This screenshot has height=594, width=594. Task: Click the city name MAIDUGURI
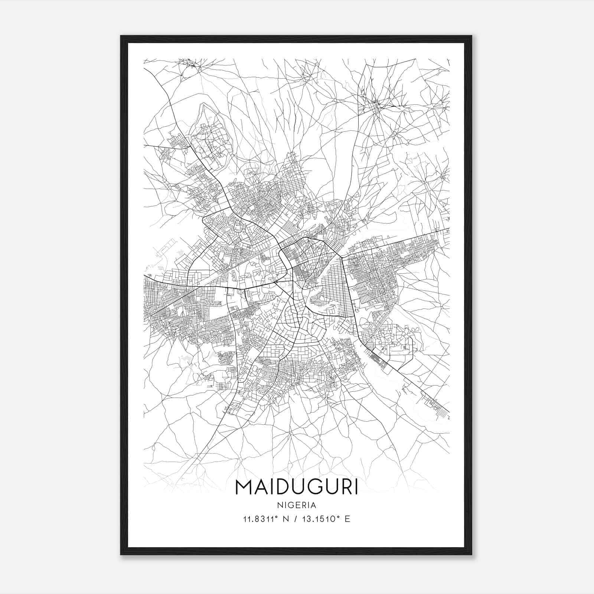click(297, 487)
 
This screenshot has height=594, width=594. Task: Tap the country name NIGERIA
click(297, 505)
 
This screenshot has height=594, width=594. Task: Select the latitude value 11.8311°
click(260, 519)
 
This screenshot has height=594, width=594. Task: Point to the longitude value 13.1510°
click(323, 519)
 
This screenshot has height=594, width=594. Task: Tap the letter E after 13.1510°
click(347, 519)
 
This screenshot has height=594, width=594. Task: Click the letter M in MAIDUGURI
click(244, 487)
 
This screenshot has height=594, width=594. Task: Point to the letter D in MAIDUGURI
click(283, 487)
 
